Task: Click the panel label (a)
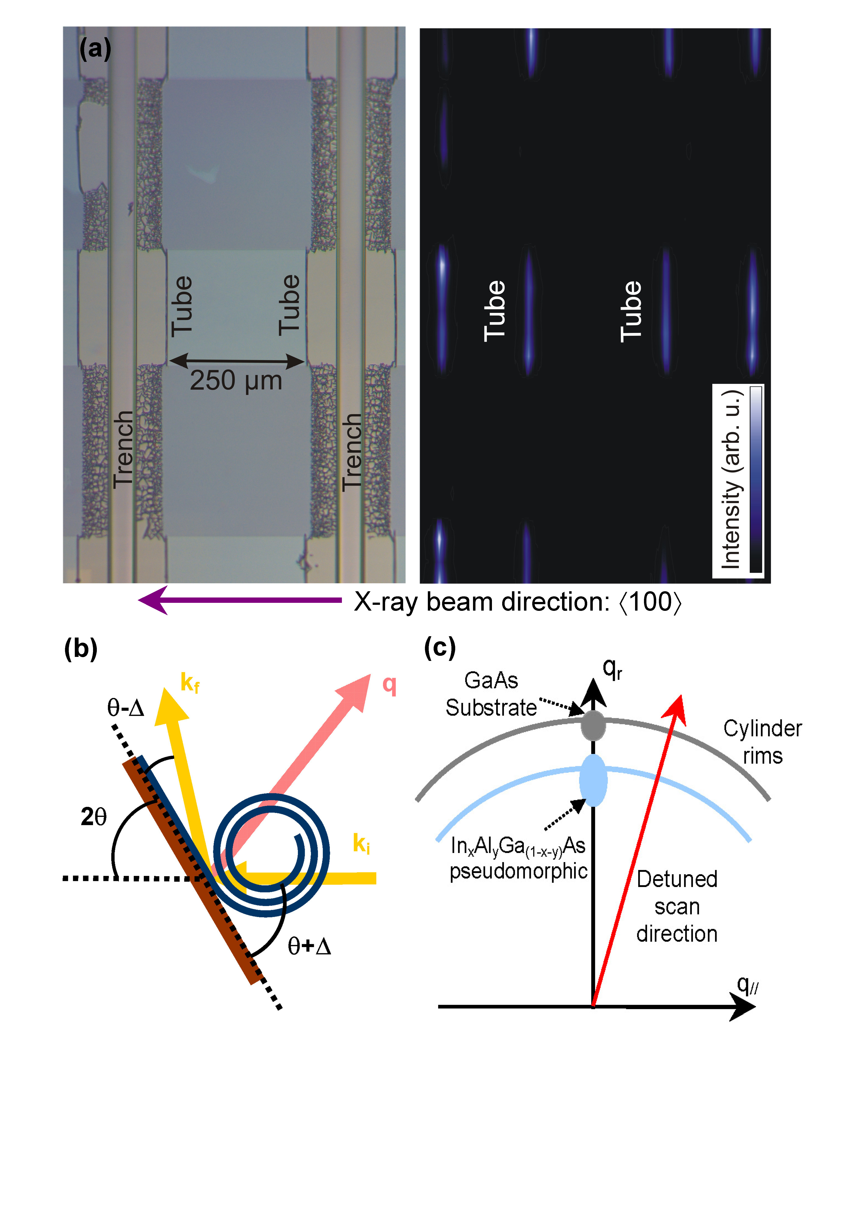95,49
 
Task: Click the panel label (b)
80,648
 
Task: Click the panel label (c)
439,647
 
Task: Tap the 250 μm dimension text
236,381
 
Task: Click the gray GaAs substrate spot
593,725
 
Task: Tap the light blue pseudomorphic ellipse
593,781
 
